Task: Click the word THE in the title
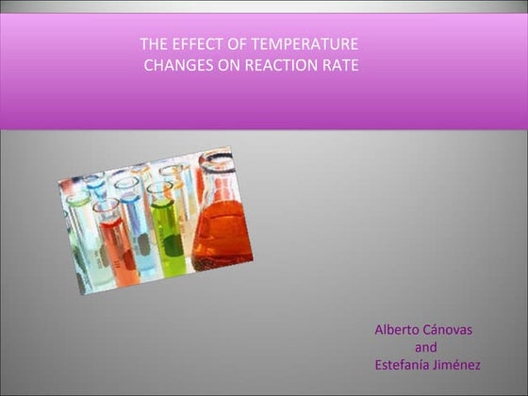coord(154,44)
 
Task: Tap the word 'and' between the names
coord(425,347)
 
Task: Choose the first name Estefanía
coord(399,365)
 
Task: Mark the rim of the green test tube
coord(159,189)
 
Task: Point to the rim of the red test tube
coord(105,205)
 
